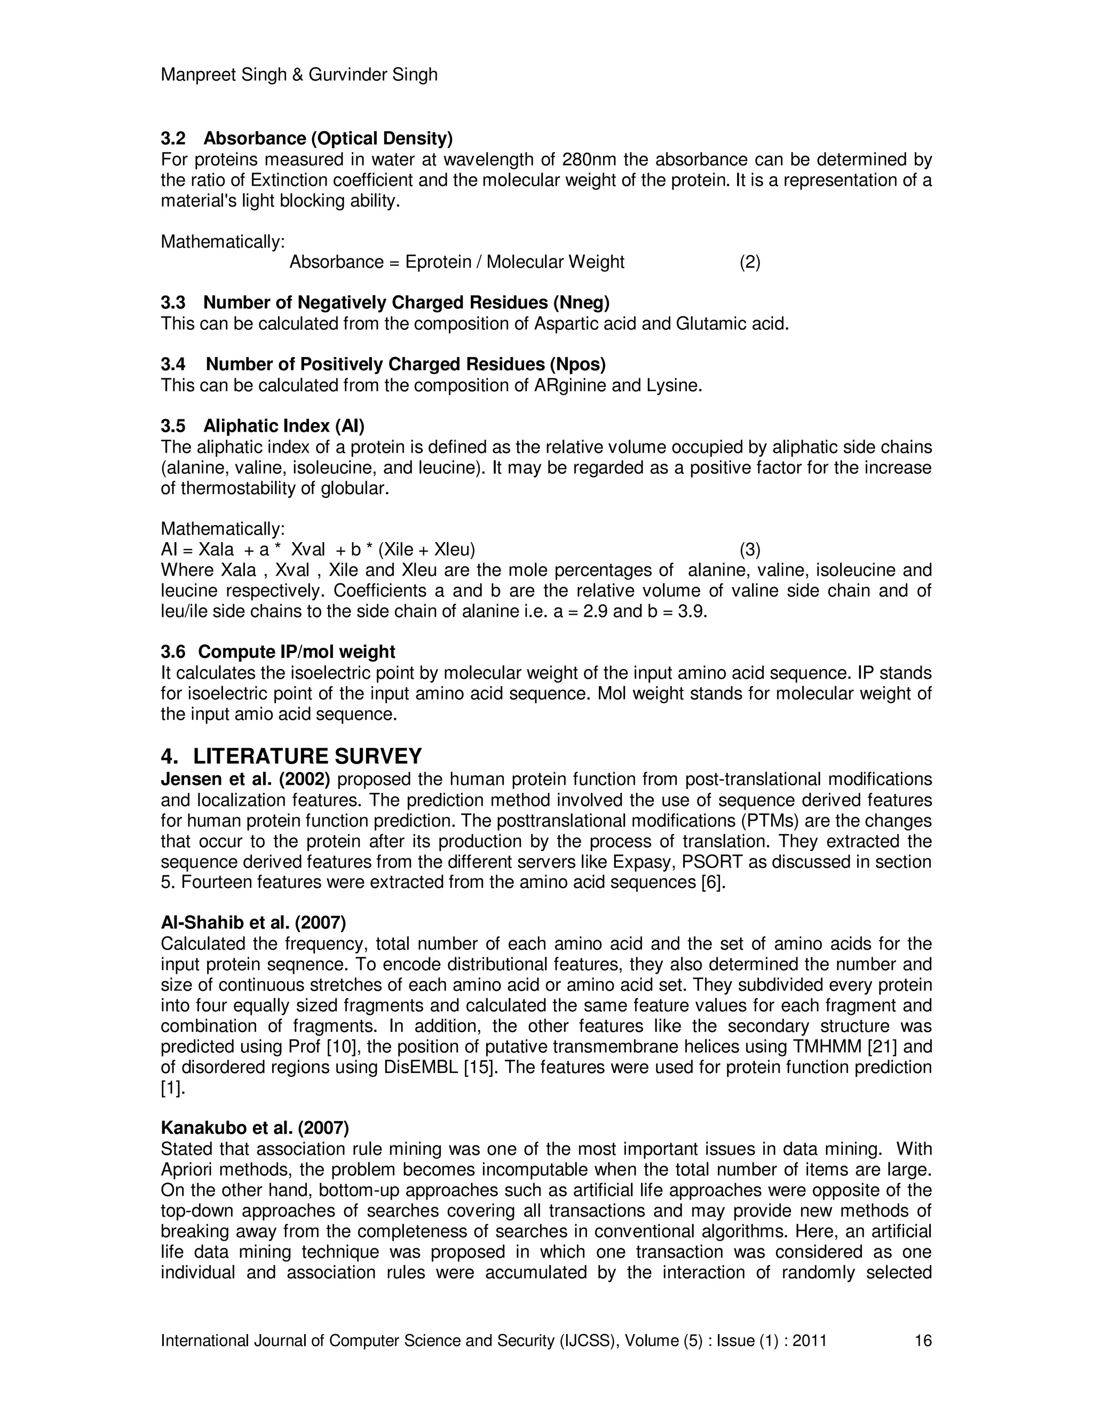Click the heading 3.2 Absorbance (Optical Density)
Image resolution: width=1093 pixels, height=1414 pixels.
pos(306,139)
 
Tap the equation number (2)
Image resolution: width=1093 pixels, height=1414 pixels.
pos(750,262)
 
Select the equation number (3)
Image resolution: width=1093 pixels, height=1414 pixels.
pos(750,550)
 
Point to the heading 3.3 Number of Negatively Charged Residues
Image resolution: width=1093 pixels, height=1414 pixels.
pos(385,303)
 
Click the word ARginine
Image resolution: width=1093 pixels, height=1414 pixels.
pos(570,385)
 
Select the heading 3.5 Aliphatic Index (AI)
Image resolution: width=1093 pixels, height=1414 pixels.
pos(262,426)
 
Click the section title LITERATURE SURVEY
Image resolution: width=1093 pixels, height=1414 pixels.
pos(307,756)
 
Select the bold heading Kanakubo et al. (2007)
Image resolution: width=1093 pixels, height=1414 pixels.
pos(255,1128)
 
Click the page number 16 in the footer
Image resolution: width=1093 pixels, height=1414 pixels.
pos(923,1340)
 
